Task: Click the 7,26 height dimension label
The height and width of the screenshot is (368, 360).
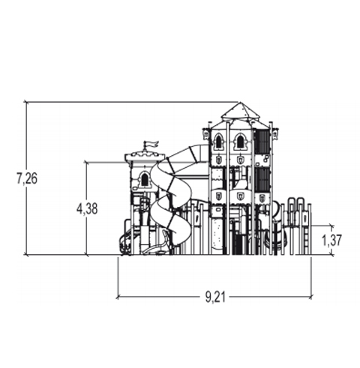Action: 27,178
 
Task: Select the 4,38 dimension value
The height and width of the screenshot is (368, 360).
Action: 87,208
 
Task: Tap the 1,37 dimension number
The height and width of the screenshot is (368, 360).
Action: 331,240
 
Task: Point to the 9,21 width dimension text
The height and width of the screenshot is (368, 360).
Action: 215,297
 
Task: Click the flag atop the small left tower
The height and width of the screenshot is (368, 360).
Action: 151,145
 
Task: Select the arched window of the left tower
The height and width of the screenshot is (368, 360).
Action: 145,179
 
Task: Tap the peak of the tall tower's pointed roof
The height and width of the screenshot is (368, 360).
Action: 240,103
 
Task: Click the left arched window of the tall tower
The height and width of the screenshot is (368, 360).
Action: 218,142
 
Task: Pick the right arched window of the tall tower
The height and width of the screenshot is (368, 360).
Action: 240,142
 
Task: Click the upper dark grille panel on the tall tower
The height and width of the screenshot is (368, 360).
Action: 262,141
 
